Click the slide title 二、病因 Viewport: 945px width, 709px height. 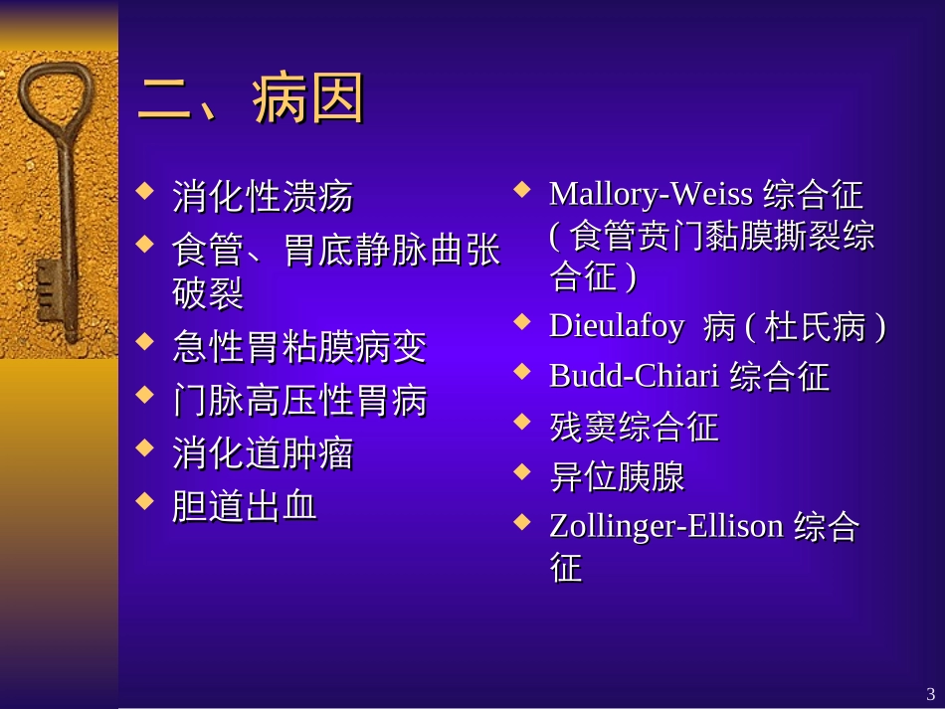pyautogui.click(x=252, y=99)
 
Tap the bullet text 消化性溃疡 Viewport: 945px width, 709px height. pyautogui.click(x=263, y=196)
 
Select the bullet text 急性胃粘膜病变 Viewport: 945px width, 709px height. pyautogui.click(x=298, y=347)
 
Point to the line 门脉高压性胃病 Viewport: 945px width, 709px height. pyautogui.click(x=298, y=400)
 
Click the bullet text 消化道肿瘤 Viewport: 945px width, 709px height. pyautogui.click(x=263, y=453)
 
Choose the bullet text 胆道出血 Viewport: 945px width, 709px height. pyautogui.click(x=245, y=506)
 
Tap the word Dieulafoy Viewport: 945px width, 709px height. pyautogui.click(x=617, y=326)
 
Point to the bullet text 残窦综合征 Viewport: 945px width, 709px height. pyautogui.click(x=634, y=427)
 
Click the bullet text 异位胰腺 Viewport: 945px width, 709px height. pyautogui.click(x=617, y=476)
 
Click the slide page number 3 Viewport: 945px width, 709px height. pyautogui.click(x=930, y=693)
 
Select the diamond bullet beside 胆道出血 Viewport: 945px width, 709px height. pyautogui.click(x=145, y=500)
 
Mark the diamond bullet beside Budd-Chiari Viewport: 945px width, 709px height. pyautogui.click(x=522, y=371)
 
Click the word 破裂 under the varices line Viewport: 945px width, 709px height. pyautogui.click(x=208, y=293)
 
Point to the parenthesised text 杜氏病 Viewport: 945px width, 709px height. pyautogui.click(x=816, y=327)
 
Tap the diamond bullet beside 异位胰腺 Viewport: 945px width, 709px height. pyautogui.click(x=522, y=471)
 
